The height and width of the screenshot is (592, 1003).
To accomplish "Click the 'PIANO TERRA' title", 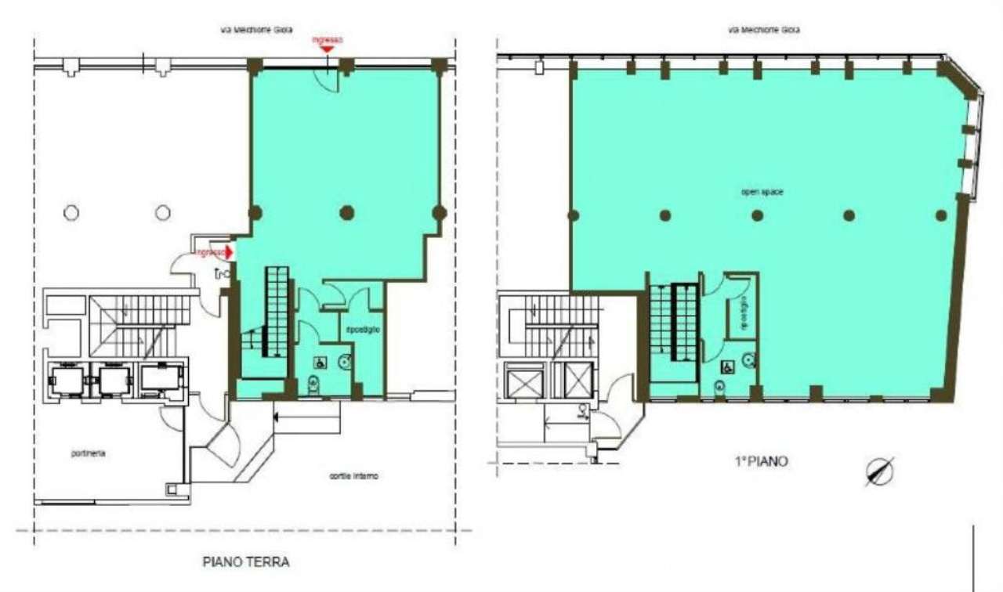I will coord(246,561).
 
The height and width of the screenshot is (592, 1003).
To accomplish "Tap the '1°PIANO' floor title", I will coord(762,462).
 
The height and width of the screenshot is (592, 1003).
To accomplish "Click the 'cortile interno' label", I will coord(349,476).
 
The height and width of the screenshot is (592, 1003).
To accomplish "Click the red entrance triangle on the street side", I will coord(328,49).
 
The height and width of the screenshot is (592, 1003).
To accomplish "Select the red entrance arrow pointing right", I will coord(227,253).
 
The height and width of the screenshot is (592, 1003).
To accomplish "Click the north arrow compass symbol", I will coord(880,471).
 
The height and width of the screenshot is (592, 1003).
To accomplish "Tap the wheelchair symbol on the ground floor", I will coord(321,363).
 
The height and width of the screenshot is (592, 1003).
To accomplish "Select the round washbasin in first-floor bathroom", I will coord(748,360).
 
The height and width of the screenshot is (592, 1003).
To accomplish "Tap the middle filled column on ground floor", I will coord(347,212).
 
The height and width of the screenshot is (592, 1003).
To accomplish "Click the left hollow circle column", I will coord(71,212).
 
